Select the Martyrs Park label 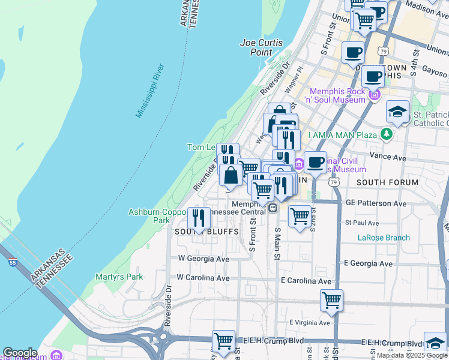(x=119, y=277)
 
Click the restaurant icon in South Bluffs (x=199, y=218)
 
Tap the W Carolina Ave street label (x=203, y=278)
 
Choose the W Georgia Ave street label (x=203, y=259)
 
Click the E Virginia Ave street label (x=309, y=322)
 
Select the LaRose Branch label (x=384, y=238)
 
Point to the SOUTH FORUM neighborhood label (x=387, y=182)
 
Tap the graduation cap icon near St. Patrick (x=397, y=112)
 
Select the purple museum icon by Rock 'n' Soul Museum (x=375, y=94)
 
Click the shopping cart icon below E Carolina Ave (x=331, y=300)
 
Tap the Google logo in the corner (x=20, y=353)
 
